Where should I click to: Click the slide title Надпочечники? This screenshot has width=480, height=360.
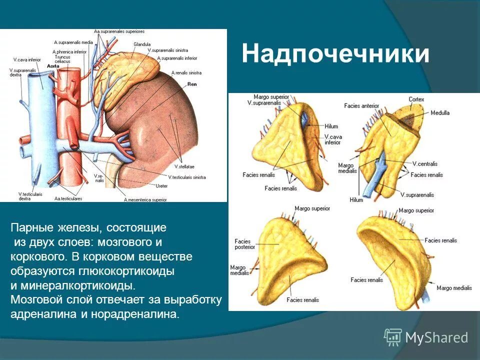coord(335,54)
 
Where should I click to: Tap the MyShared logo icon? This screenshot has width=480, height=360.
coord(393,337)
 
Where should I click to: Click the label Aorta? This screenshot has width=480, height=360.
coord(52,65)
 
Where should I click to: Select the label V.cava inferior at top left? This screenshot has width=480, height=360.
coord(27,59)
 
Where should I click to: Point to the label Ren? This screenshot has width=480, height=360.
coord(192,84)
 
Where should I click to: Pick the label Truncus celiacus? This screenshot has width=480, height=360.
coord(62,59)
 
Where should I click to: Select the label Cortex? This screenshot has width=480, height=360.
coord(416,99)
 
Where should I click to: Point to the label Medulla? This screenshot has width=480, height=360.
coord(439,113)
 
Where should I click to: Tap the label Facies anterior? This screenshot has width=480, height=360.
coord(362,105)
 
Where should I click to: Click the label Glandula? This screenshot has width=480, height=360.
coord(142,44)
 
